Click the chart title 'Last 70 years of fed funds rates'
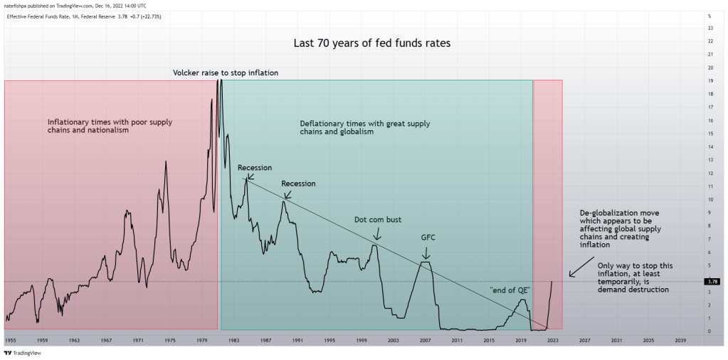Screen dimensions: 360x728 [x=371, y=43]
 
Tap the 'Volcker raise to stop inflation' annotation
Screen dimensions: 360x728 [x=226, y=73]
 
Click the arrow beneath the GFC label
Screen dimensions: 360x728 [x=426, y=253]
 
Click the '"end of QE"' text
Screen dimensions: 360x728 [x=510, y=290]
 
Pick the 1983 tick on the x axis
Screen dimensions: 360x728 [x=233, y=341]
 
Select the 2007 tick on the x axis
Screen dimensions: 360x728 [x=426, y=341]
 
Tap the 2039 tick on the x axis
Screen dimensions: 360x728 [x=680, y=341]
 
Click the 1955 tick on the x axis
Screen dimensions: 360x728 [x=10, y=341]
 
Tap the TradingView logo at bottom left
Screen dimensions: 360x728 [x=22, y=352]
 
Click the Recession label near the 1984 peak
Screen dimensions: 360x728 [x=255, y=168]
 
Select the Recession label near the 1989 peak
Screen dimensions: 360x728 [x=299, y=184]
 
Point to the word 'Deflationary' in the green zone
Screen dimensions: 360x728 [x=322, y=123]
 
